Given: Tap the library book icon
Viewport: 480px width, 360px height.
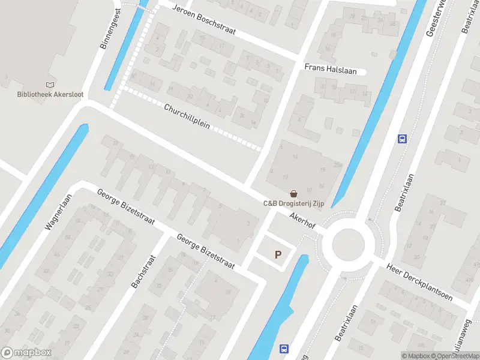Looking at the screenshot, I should pyautogui.click(x=49, y=85).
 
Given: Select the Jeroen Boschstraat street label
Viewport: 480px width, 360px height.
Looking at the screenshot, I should pyautogui.click(x=203, y=20).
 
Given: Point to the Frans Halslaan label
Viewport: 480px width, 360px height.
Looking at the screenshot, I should pyautogui.click(x=330, y=70).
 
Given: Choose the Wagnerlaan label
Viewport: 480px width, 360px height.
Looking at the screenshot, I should pyautogui.click(x=58, y=212).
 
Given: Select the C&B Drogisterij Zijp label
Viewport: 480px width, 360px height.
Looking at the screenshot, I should pyautogui.click(x=293, y=203).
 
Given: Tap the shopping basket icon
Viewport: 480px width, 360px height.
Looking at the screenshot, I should pyautogui.click(x=294, y=194).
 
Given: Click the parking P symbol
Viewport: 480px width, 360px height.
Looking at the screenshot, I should pyautogui.click(x=278, y=255).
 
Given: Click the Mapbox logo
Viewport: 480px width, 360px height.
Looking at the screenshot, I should pyautogui.click(x=26, y=353).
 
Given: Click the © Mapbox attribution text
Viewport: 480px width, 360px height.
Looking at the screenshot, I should pyautogui.click(x=416, y=356).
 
